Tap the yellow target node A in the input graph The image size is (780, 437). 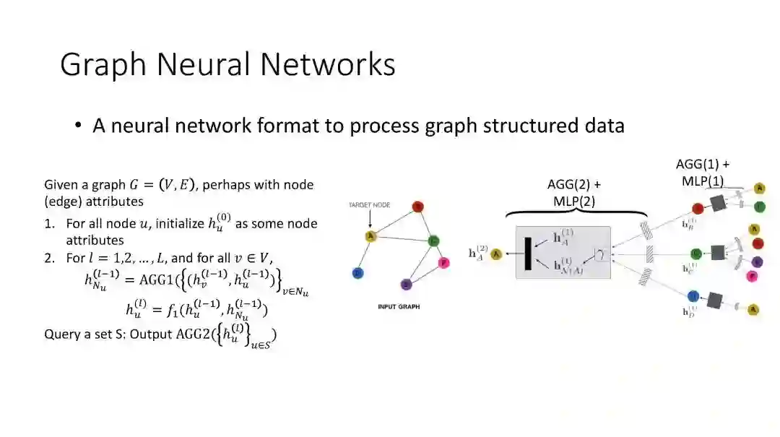click(x=370, y=236)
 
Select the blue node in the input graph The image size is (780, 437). click(x=357, y=273)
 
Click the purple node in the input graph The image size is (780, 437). click(x=406, y=284)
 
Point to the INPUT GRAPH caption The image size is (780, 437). click(x=398, y=307)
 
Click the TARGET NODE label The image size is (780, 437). click(x=370, y=205)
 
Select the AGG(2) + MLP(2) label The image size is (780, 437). click(x=574, y=193)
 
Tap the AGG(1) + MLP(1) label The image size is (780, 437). click(x=702, y=173)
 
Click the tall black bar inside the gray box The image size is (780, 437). click(x=529, y=254)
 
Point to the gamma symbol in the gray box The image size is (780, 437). click(x=599, y=254)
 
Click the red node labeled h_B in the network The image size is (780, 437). click(x=698, y=209)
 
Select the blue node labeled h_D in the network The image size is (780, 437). click(x=693, y=295)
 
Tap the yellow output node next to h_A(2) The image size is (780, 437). click(x=496, y=254)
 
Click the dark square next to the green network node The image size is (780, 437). click(x=718, y=252)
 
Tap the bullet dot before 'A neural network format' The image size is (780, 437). click(x=78, y=126)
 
